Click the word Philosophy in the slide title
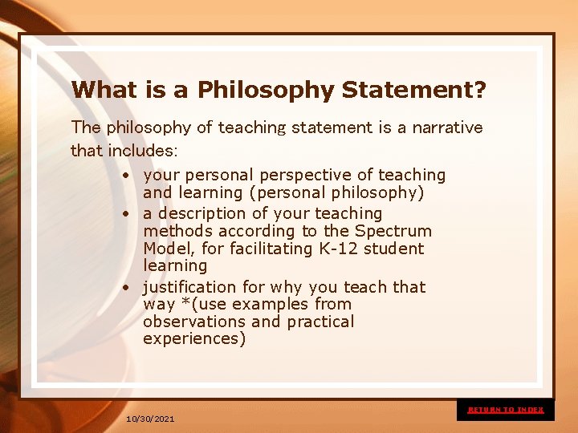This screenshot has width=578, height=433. tap(265, 90)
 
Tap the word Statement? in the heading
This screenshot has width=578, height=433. tap(413, 89)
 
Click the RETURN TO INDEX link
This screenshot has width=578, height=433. tap(506, 410)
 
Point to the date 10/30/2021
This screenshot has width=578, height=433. tap(150, 419)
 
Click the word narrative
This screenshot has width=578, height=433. tap(447, 127)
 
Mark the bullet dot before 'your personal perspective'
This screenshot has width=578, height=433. tap(127, 176)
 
